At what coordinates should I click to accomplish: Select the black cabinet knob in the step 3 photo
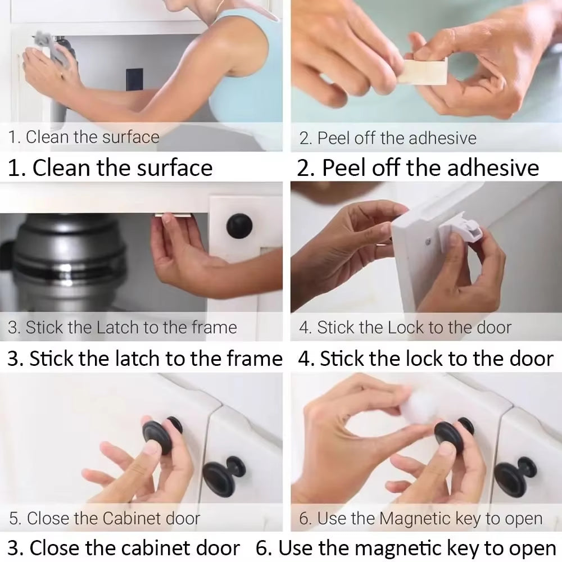[239, 226]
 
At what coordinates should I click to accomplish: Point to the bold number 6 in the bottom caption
[261, 548]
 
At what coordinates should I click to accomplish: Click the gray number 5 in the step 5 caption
[13, 518]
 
